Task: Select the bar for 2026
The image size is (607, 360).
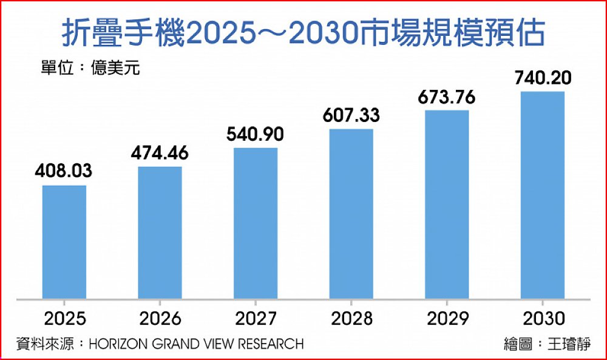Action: coord(160,233)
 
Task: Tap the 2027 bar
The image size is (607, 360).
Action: coord(256,223)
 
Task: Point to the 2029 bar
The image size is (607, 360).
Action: coord(447,204)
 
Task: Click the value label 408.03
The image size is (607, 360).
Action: coord(64,172)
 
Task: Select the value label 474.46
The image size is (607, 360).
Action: coord(160,153)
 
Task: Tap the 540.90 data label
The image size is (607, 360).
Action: coord(256,134)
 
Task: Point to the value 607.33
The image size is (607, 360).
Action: coord(351,115)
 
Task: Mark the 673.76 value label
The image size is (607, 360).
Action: coord(447,97)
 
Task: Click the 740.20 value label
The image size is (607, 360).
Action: coord(543,78)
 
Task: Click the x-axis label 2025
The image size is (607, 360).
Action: coord(64,318)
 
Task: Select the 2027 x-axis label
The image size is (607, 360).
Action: coord(256,318)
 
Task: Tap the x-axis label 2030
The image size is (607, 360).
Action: coord(543,318)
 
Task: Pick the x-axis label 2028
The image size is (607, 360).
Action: coord(351,318)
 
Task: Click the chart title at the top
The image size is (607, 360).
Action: coord(303,33)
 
